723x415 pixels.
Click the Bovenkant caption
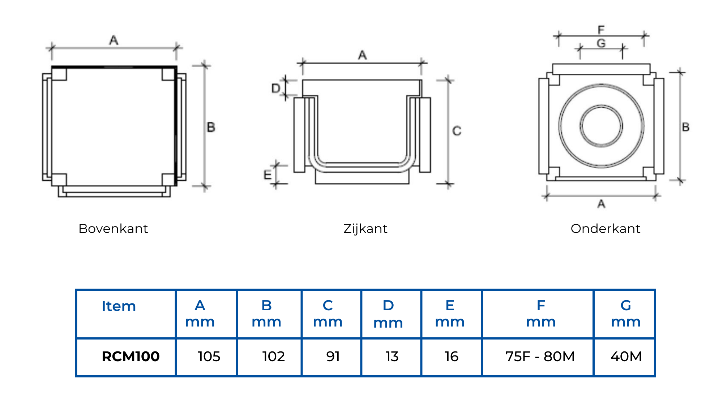[113, 229]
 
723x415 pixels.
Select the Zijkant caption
[365, 229]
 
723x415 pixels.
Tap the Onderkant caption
[605, 229]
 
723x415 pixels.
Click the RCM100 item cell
[131, 356]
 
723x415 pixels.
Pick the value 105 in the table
[209, 356]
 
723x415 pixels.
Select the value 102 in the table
[274, 356]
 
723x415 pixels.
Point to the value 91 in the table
[333, 356]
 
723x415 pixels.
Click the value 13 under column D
[392, 356]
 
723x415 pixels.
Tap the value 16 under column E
[452, 356]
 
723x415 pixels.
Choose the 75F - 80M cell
[540, 356]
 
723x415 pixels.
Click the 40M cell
[626, 356]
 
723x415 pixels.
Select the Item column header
[119, 306]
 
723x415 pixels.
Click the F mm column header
[541, 314]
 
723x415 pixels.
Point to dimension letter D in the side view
[276, 88]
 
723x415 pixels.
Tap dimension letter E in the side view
[268, 175]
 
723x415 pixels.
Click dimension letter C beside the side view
[457, 131]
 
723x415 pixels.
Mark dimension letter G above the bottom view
[601, 44]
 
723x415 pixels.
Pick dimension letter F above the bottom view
[601, 30]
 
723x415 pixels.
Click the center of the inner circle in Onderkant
[601, 126]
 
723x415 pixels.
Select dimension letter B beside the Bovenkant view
[211, 127]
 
